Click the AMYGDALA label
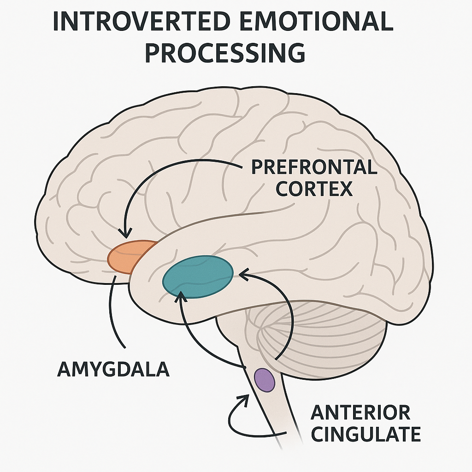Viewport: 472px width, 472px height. point(113,370)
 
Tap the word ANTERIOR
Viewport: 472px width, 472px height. point(360,413)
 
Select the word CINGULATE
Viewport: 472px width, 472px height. point(366,434)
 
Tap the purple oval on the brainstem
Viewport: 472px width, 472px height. point(265,380)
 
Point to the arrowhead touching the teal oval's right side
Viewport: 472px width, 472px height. point(243,275)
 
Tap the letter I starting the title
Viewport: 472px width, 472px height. point(56,22)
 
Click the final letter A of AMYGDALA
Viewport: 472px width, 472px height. point(162,370)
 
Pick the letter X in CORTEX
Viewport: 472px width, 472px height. point(345,189)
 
